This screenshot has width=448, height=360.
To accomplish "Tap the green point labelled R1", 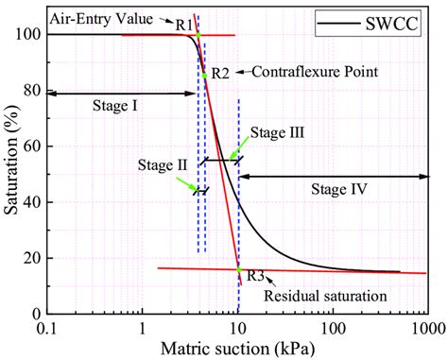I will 198,35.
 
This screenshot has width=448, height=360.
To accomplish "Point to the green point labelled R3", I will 238,269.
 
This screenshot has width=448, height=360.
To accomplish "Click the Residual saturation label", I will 325,296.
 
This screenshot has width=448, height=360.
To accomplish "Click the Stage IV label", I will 339,189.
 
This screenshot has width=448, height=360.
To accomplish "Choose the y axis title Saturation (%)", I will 10,174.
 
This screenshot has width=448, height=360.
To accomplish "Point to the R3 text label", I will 254,276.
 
